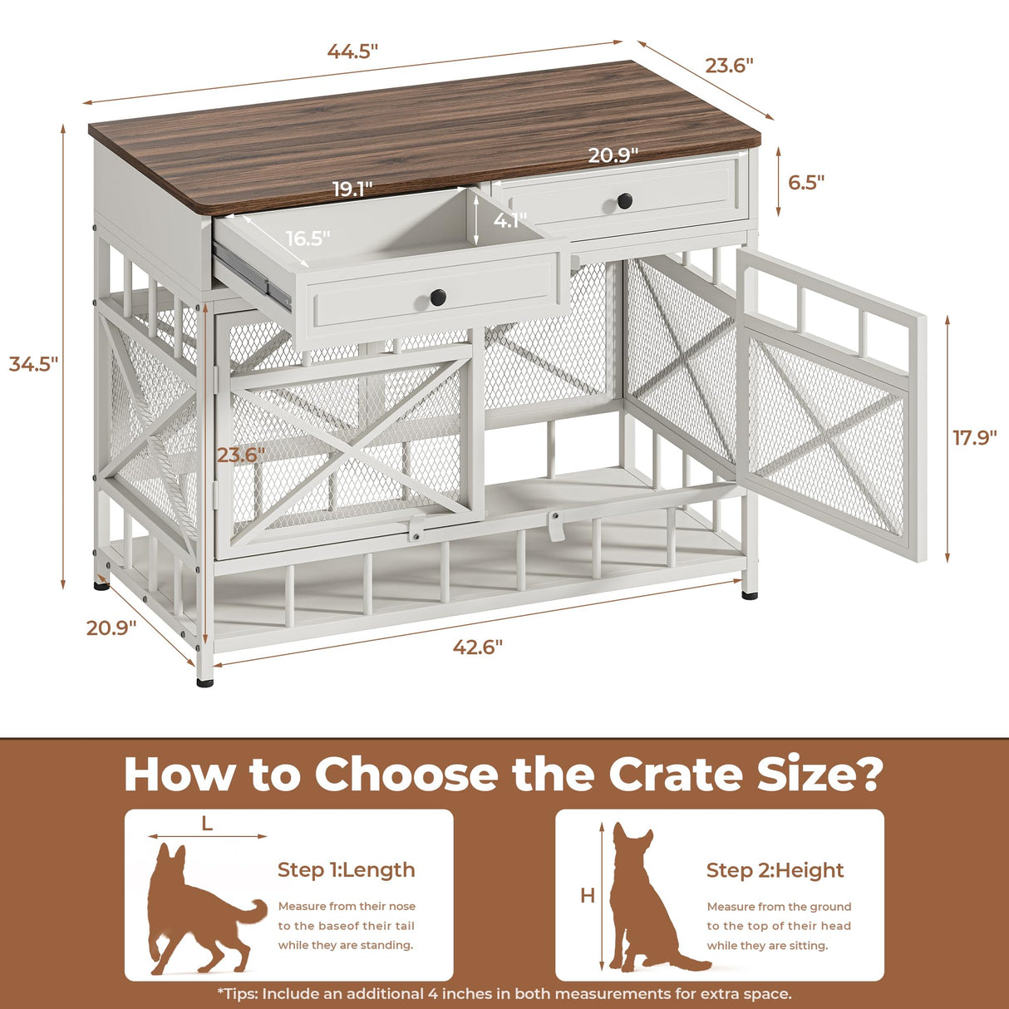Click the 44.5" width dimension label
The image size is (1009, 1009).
[352, 51]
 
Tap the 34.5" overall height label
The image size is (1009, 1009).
[33, 363]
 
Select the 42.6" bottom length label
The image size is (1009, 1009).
[478, 647]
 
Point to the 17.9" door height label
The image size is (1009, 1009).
[974, 437]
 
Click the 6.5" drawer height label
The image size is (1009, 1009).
[806, 182]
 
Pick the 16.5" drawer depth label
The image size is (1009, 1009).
[308, 239]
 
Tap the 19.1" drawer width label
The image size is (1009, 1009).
[352, 189]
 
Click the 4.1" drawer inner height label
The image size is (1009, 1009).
[509, 221]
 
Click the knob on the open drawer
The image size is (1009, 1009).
[438, 297]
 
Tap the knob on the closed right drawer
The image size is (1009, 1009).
[625, 200]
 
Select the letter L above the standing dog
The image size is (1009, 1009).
[207, 824]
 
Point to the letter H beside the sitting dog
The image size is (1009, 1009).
[588, 896]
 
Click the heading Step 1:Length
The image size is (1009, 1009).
[346, 869]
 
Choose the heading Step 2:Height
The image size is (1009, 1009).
[775, 870]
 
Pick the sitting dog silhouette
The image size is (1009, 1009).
[644, 902]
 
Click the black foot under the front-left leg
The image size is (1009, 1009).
[204, 682]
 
